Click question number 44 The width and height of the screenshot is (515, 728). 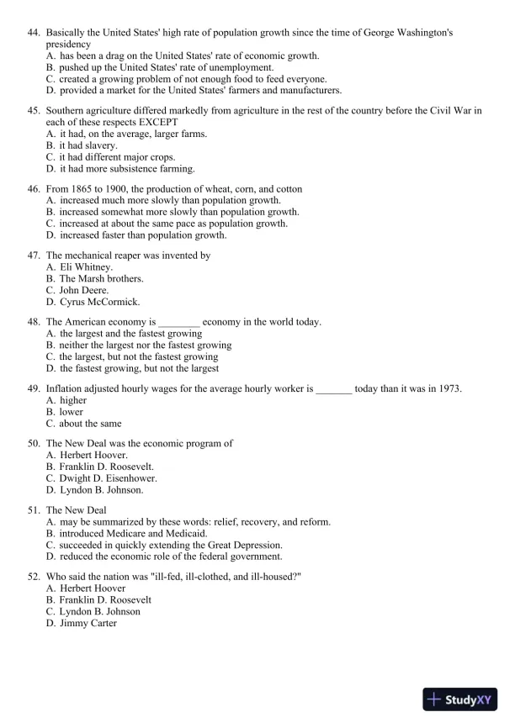tap(34, 33)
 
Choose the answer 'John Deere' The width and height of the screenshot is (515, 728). tap(83, 290)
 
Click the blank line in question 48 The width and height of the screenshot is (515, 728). tap(179, 323)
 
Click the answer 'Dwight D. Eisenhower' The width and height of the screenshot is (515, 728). tap(108, 478)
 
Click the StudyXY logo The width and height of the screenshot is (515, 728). tap(460, 699)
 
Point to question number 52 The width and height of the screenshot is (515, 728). tap(34, 577)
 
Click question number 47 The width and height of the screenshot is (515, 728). tap(34, 255)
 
